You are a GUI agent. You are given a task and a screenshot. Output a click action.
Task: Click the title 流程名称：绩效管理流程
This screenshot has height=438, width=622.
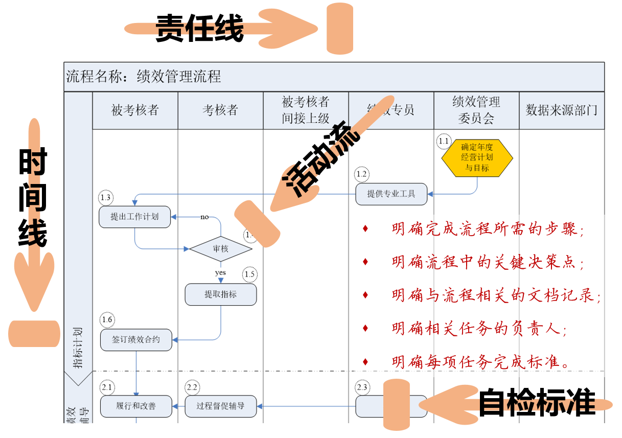(x=144, y=77)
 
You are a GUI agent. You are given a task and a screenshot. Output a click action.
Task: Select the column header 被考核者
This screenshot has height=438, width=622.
(x=135, y=110)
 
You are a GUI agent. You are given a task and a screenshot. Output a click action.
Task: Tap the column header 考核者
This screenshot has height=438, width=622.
(x=220, y=110)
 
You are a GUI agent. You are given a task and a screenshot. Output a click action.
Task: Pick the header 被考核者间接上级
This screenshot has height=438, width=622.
(x=306, y=110)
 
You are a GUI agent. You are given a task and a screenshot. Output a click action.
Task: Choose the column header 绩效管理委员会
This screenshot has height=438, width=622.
(x=476, y=110)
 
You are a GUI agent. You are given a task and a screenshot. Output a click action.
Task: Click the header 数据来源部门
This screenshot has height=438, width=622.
(x=561, y=110)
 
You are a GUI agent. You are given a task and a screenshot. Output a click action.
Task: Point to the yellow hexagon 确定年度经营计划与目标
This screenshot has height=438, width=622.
(x=477, y=158)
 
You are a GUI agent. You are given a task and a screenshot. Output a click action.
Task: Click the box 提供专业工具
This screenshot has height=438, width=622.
(x=391, y=194)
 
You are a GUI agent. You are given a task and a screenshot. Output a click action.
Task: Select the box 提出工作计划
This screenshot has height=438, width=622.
(x=134, y=217)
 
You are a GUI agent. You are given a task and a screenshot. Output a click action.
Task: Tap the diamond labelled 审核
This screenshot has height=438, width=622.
(x=221, y=249)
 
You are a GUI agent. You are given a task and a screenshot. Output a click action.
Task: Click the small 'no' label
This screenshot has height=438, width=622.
(x=204, y=217)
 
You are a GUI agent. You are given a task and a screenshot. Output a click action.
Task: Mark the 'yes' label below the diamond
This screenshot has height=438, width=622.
(x=220, y=273)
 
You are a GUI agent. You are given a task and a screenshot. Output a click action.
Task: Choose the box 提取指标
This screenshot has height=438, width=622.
(x=220, y=294)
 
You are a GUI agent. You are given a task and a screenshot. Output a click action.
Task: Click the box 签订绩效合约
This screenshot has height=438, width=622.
(x=136, y=340)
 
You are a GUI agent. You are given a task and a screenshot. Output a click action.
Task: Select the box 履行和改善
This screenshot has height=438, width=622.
(x=136, y=406)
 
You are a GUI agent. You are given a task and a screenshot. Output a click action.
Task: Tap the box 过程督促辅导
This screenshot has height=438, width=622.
(x=220, y=406)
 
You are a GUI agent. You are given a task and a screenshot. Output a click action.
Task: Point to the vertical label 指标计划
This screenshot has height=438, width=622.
(x=78, y=348)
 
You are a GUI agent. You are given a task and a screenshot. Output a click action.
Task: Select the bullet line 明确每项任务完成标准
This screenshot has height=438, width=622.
(x=480, y=362)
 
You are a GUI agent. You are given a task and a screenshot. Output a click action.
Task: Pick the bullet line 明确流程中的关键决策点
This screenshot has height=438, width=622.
(x=488, y=262)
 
